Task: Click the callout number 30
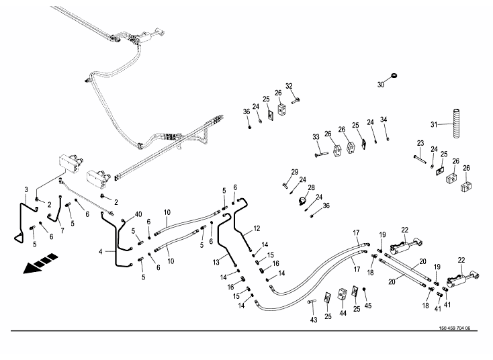pyautogui.click(x=380, y=85)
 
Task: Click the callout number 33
pyautogui.click(x=316, y=137)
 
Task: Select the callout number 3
pyautogui.click(x=26, y=189)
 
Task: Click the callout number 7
pyautogui.click(x=62, y=230)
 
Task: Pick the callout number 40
pyautogui.click(x=139, y=214)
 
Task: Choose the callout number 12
pyautogui.click(x=257, y=229)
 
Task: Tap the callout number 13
pyautogui.click(x=216, y=261)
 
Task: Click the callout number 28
pyautogui.click(x=311, y=187)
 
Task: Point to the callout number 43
pyautogui.click(x=313, y=320)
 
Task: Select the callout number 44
pyautogui.click(x=343, y=313)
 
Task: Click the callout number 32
pyautogui.click(x=289, y=86)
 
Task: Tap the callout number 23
pyautogui.click(x=420, y=143)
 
